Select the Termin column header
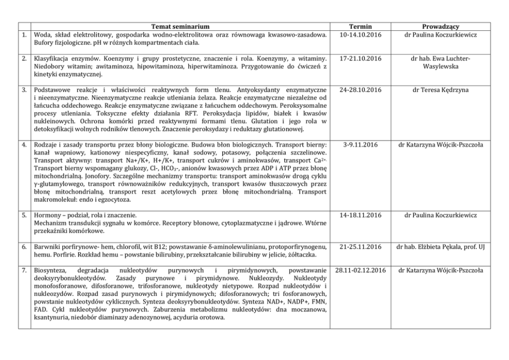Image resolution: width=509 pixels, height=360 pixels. click(360, 26)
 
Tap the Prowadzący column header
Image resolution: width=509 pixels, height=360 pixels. click(440, 26)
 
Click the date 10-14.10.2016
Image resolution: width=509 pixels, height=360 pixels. click(360, 34)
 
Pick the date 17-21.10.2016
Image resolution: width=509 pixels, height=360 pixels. click(360, 59)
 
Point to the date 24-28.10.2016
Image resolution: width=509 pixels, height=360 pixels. click(360, 90)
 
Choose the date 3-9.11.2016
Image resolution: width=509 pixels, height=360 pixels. click(360, 145)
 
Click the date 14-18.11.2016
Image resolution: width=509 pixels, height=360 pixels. click(360, 215)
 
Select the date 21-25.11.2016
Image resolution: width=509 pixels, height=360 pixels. click(360, 247)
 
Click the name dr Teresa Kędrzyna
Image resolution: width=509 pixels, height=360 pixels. click(440, 90)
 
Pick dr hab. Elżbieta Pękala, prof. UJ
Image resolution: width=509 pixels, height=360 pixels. click(440, 247)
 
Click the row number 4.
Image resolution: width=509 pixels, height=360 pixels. click(24, 145)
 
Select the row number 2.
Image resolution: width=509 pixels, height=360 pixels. click(24, 59)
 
